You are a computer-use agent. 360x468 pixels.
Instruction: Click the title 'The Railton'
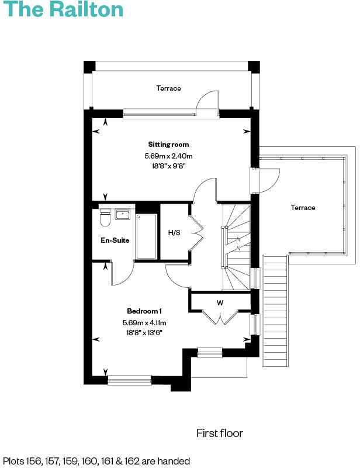coord(63,10)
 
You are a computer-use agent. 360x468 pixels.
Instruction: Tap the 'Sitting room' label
coord(168,144)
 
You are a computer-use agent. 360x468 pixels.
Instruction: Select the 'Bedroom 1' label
coord(144,311)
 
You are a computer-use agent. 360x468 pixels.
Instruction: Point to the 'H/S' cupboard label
coord(174,233)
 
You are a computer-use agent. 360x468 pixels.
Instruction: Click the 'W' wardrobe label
coord(220,302)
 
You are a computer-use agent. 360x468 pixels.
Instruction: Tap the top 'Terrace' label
coord(168,88)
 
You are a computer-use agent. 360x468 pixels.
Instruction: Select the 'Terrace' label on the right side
coord(303,208)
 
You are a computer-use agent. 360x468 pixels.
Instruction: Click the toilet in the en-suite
coord(105,219)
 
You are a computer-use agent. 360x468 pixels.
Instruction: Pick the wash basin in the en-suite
coord(123,214)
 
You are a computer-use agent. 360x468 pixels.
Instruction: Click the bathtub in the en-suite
coord(146,236)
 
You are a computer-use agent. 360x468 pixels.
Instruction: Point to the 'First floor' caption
coord(219,433)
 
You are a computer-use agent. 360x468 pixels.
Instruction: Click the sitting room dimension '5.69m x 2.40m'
coord(168,156)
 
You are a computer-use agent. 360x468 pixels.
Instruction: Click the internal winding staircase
coord(237,246)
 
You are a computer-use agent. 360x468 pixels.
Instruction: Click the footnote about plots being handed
coord(96,461)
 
